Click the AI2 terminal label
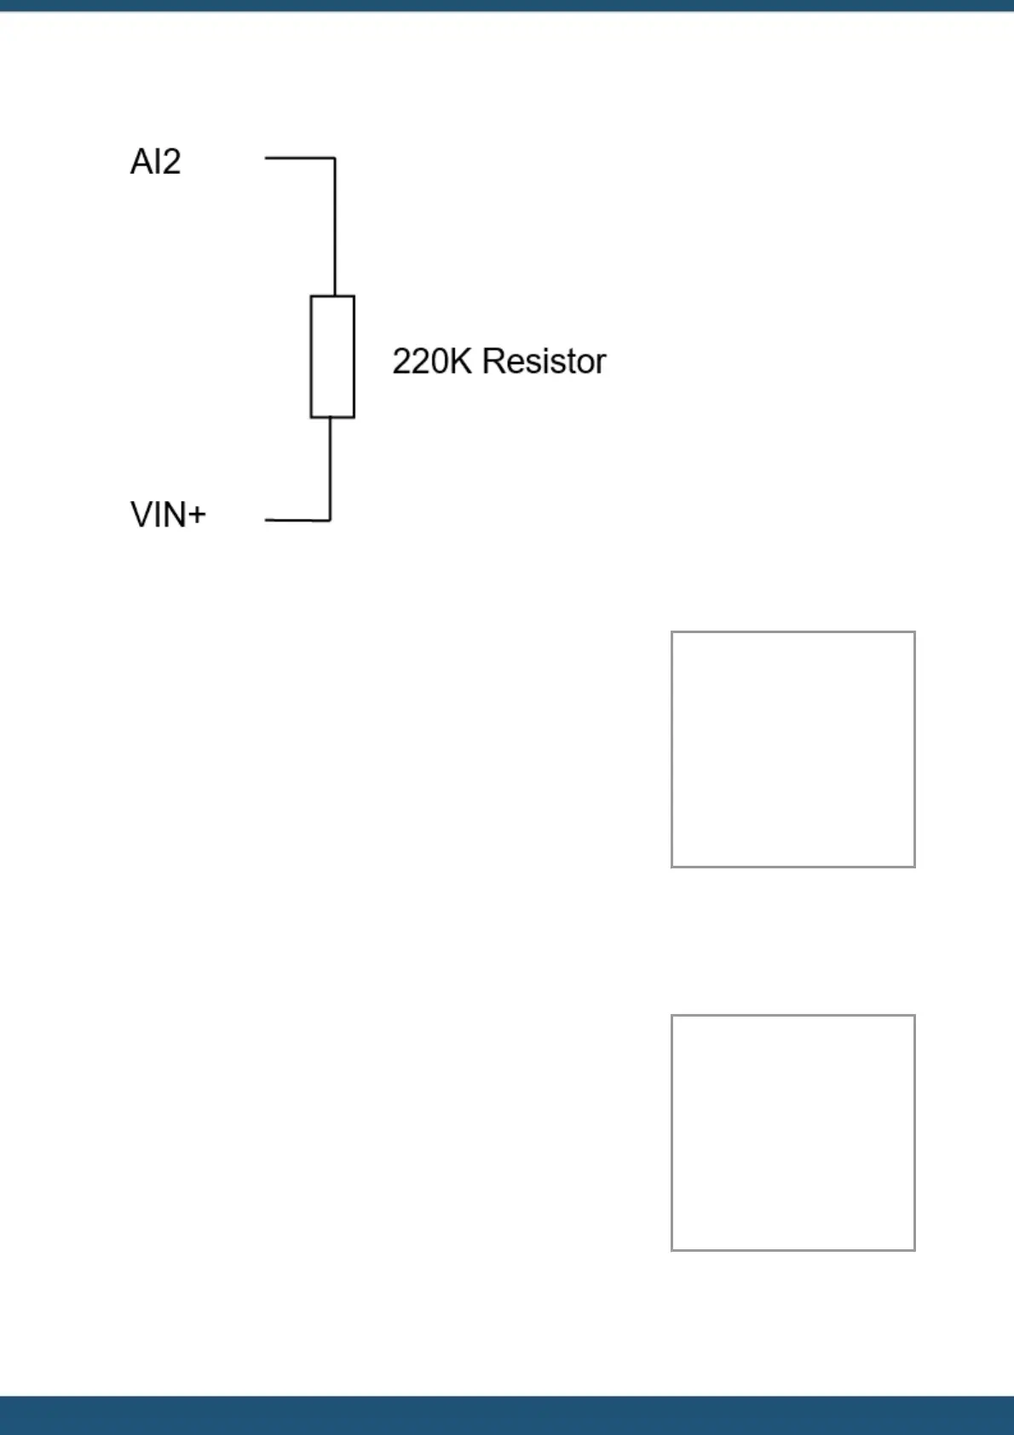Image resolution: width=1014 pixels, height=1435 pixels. [x=155, y=162]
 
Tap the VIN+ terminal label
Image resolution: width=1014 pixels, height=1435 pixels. [x=168, y=515]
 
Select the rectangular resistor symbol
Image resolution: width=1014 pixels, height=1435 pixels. [x=332, y=357]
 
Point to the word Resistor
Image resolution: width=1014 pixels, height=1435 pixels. [x=544, y=361]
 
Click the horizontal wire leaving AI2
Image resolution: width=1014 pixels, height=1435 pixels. [x=298, y=158]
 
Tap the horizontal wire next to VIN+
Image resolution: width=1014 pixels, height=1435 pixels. [x=297, y=519]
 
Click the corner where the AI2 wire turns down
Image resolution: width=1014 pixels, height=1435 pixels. [x=335, y=158]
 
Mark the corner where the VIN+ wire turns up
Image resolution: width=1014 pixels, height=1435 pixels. [x=330, y=519]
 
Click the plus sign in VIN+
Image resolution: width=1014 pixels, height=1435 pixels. [x=196, y=515]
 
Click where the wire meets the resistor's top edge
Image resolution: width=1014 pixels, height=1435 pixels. [x=335, y=297]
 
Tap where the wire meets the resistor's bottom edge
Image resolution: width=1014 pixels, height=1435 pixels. [x=330, y=418]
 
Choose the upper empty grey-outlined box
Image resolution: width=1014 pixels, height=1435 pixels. [x=792, y=749]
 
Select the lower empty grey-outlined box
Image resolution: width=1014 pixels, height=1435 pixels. [x=792, y=1132]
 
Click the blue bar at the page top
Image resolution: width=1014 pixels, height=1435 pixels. [x=507, y=5]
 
